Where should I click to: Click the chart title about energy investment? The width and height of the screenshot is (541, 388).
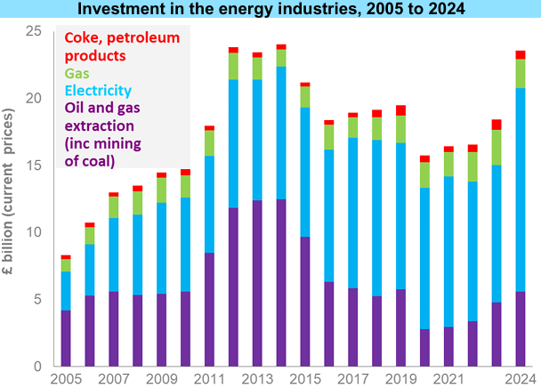(x=270, y=9)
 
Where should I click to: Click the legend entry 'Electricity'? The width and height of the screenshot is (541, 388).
(x=97, y=90)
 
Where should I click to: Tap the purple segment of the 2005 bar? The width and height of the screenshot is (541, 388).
(x=66, y=338)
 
